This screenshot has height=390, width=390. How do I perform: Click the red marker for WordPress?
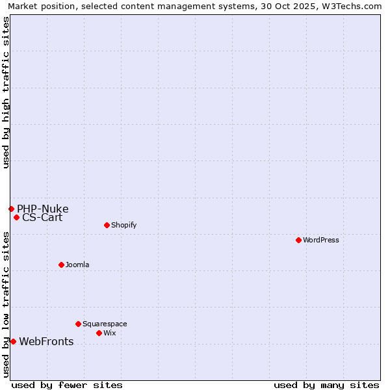click(x=298, y=240)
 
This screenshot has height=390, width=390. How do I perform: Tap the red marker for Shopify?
click(x=107, y=225)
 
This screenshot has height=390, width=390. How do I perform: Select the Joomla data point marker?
click(x=61, y=265)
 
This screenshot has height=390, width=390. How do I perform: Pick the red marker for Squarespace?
click(x=78, y=324)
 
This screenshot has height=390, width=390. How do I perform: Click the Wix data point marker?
click(x=99, y=333)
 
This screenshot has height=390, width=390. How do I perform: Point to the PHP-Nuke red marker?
click(x=11, y=209)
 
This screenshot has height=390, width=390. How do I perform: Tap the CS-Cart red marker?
click(x=16, y=217)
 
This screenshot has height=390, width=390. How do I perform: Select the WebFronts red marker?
click(x=13, y=341)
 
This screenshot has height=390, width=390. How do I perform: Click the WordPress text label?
click(x=321, y=240)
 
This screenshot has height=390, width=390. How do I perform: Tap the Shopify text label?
click(x=123, y=225)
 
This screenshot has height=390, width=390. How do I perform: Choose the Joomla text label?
click(x=77, y=265)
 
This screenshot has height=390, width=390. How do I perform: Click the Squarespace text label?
click(x=105, y=324)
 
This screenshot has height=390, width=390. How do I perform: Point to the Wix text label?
click(x=110, y=333)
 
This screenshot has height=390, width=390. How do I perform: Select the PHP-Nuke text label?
click(x=42, y=209)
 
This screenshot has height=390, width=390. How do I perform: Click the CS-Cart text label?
click(x=42, y=218)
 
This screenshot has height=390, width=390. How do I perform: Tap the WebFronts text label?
click(x=46, y=342)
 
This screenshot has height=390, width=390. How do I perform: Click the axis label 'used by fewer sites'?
click(x=67, y=385)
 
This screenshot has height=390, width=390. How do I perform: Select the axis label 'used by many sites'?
click(x=326, y=385)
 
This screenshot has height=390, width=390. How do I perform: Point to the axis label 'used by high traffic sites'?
click(x=6, y=92)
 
